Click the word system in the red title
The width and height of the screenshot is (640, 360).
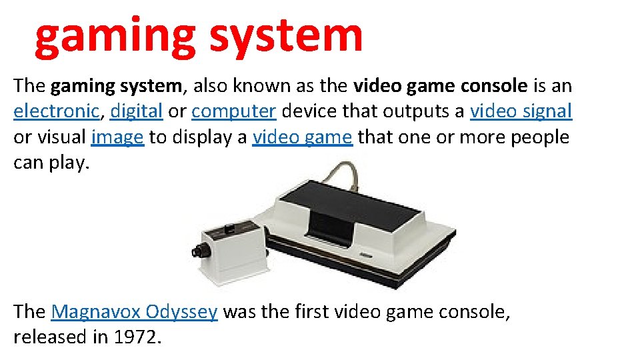pos(287,37)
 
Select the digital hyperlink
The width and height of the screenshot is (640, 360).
pos(137,111)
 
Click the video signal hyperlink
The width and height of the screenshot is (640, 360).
pos(521,111)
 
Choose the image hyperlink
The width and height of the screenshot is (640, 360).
pos(117,137)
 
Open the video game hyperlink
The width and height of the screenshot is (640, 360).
pos(302,137)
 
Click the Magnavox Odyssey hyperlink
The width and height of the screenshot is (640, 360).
pos(134,312)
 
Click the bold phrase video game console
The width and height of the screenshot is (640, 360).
pos(441,86)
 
